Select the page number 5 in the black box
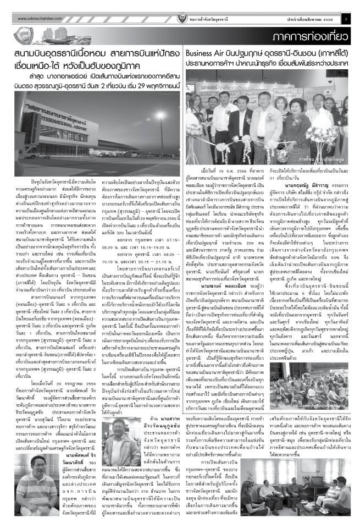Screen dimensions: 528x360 [x=347, y=18]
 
